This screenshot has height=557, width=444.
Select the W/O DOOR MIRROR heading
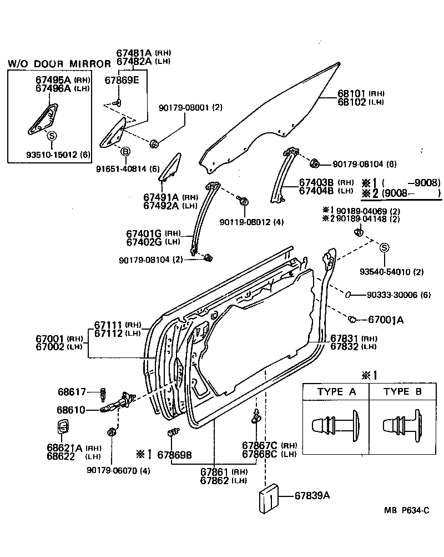(59, 64)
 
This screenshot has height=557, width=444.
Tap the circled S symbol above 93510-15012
(52, 135)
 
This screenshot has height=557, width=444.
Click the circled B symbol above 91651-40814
(125, 152)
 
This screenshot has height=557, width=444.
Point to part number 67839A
(312, 496)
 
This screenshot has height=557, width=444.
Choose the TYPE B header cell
(403, 392)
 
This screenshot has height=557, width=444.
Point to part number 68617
(72, 392)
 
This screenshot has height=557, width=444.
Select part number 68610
(72, 410)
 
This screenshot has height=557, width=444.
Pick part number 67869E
(122, 80)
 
